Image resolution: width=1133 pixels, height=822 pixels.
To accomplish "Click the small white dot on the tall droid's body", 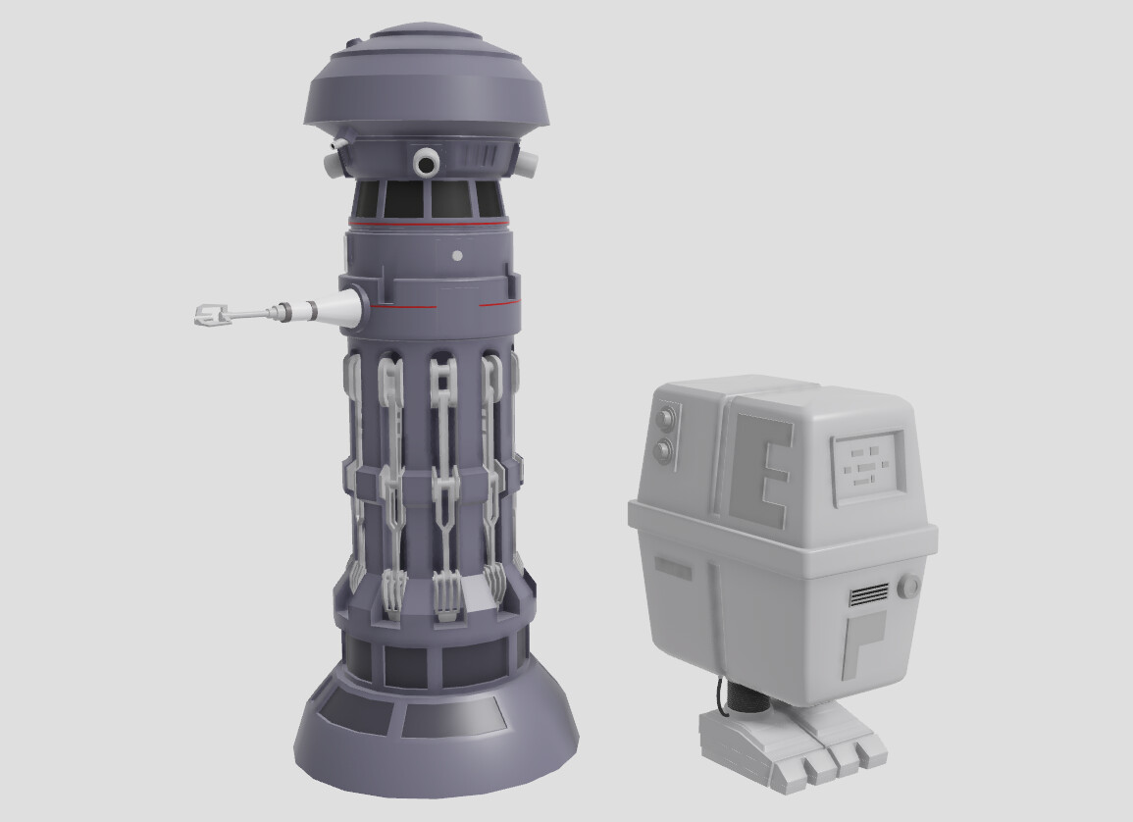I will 456,256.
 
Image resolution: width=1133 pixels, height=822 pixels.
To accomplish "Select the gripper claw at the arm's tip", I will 209,315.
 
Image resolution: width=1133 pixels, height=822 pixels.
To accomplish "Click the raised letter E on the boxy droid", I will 759,469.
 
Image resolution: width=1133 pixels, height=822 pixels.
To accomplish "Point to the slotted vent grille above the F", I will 868,593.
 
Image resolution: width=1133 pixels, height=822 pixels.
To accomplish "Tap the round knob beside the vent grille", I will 909,587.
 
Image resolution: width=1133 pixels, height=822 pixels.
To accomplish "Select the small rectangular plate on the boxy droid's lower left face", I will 674,567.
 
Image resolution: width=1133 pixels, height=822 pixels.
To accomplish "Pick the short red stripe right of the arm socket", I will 496,305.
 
